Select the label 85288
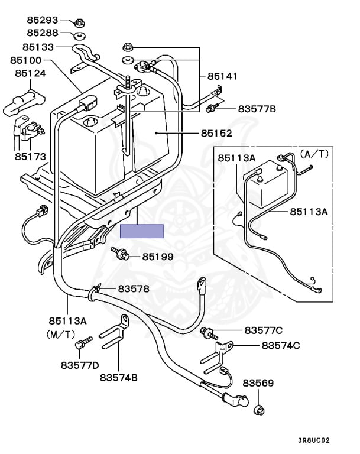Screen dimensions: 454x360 [42, 34]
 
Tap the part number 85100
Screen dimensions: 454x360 [25, 60]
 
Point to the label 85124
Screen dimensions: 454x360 [31, 73]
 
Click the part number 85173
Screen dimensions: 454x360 [31, 157]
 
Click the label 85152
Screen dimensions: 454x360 [215, 134]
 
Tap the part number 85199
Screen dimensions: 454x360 [158, 257]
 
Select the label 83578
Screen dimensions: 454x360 [134, 288]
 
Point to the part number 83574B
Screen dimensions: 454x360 [118, 377]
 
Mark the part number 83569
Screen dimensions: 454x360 [258, 384]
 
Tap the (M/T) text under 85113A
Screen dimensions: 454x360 [61, 333]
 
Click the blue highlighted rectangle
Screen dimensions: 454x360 [142, 231]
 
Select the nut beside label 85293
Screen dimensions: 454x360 [79, 22]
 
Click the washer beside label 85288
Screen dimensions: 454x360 [79, 34]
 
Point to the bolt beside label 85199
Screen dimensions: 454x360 [118, 254]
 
